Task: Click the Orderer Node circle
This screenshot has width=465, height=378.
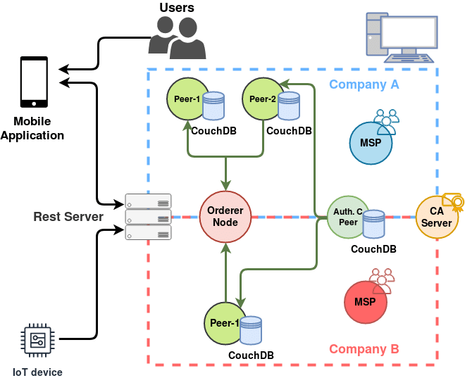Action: [225, 217]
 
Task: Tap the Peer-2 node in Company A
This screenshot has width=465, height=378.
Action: [262, 100]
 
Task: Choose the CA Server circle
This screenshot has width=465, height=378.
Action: [437, 218]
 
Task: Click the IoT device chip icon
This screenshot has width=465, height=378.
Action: [37, 339]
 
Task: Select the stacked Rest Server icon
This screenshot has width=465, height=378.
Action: [148, 216]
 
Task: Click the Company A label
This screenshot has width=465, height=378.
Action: [364, 84]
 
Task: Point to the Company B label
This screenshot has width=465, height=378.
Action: [364, 349]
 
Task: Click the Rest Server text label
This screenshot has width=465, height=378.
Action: [68, 217]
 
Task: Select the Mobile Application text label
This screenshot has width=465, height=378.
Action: [32, 129]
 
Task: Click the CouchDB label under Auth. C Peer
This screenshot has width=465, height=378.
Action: [373, 249]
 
